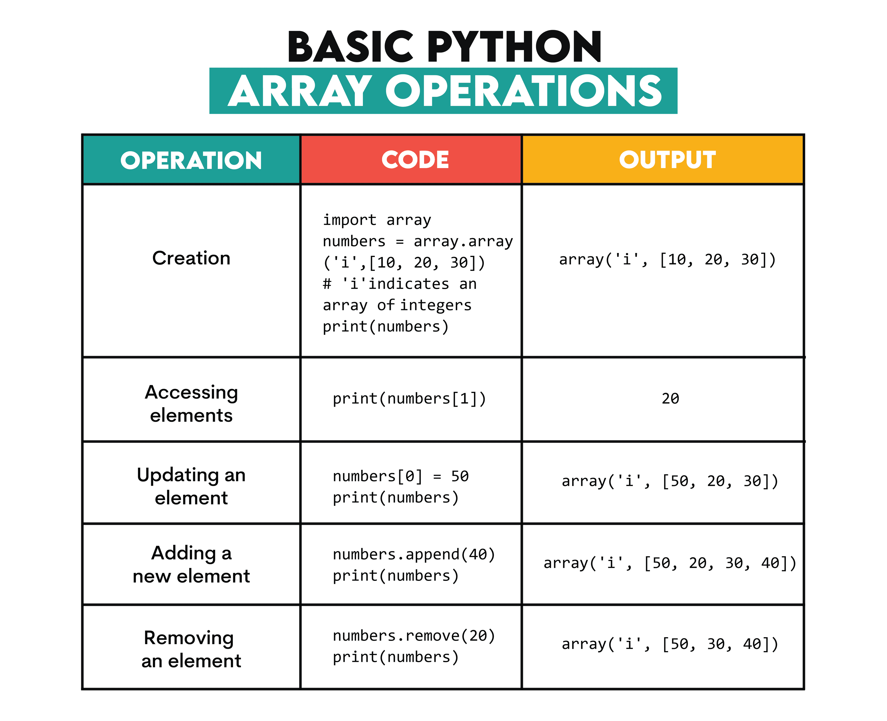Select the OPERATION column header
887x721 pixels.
[x=191, y=160]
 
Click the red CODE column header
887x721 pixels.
[x=415, y=160]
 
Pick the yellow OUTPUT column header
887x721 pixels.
[x=667, y=160]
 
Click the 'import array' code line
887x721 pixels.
[x=377, y=220]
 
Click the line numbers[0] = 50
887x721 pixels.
[x=401, y=476]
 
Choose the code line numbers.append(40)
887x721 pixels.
[x=414, y=555]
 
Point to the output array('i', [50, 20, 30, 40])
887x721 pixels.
[x=670, y=563]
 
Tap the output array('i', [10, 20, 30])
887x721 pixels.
[x=667, y=259]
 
